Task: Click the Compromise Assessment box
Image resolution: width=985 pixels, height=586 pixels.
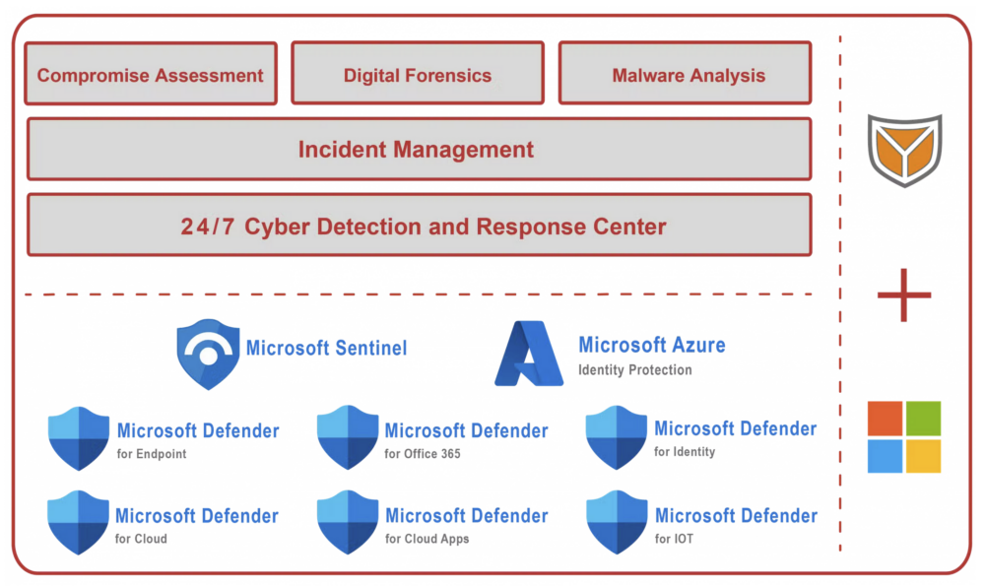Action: [x=151, y=74]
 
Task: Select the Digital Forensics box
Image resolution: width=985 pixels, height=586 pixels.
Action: [x=418, y=73]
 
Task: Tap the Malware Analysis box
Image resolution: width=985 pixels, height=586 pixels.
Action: [x=686, y=73]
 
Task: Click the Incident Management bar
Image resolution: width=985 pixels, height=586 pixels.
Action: [x=419, y=149]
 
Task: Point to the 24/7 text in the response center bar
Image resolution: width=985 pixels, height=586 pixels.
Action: [x=208, y=227]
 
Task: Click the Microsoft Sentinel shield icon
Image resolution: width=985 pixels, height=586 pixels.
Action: [x=208, y=355]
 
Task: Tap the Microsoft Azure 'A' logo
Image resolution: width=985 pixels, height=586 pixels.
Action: [x=529, y=353]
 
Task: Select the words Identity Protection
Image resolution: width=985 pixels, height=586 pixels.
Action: [x=635, y=370]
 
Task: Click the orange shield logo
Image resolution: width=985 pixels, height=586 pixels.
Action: [x=904, y=150]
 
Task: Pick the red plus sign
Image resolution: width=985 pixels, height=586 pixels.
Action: [x=904, y=295]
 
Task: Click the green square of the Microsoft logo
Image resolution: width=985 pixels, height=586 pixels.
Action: [x=924, y=419]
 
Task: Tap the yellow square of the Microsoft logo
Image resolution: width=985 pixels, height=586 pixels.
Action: [x=924, y=456]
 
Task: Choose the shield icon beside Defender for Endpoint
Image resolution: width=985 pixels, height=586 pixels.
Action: [x=79, y=438]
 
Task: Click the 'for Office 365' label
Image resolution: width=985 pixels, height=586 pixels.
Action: [x=423, y=453]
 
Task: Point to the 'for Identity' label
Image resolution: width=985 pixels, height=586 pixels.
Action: [x=685, y=452]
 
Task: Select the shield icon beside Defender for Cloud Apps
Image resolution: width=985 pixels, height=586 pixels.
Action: [x=348, y=523]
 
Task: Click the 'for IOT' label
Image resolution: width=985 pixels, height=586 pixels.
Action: [x=674, y=539]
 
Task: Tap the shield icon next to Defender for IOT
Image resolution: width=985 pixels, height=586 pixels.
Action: [x=617, y=523]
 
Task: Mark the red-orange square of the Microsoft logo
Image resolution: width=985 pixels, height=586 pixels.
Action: [x=886, y=419]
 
